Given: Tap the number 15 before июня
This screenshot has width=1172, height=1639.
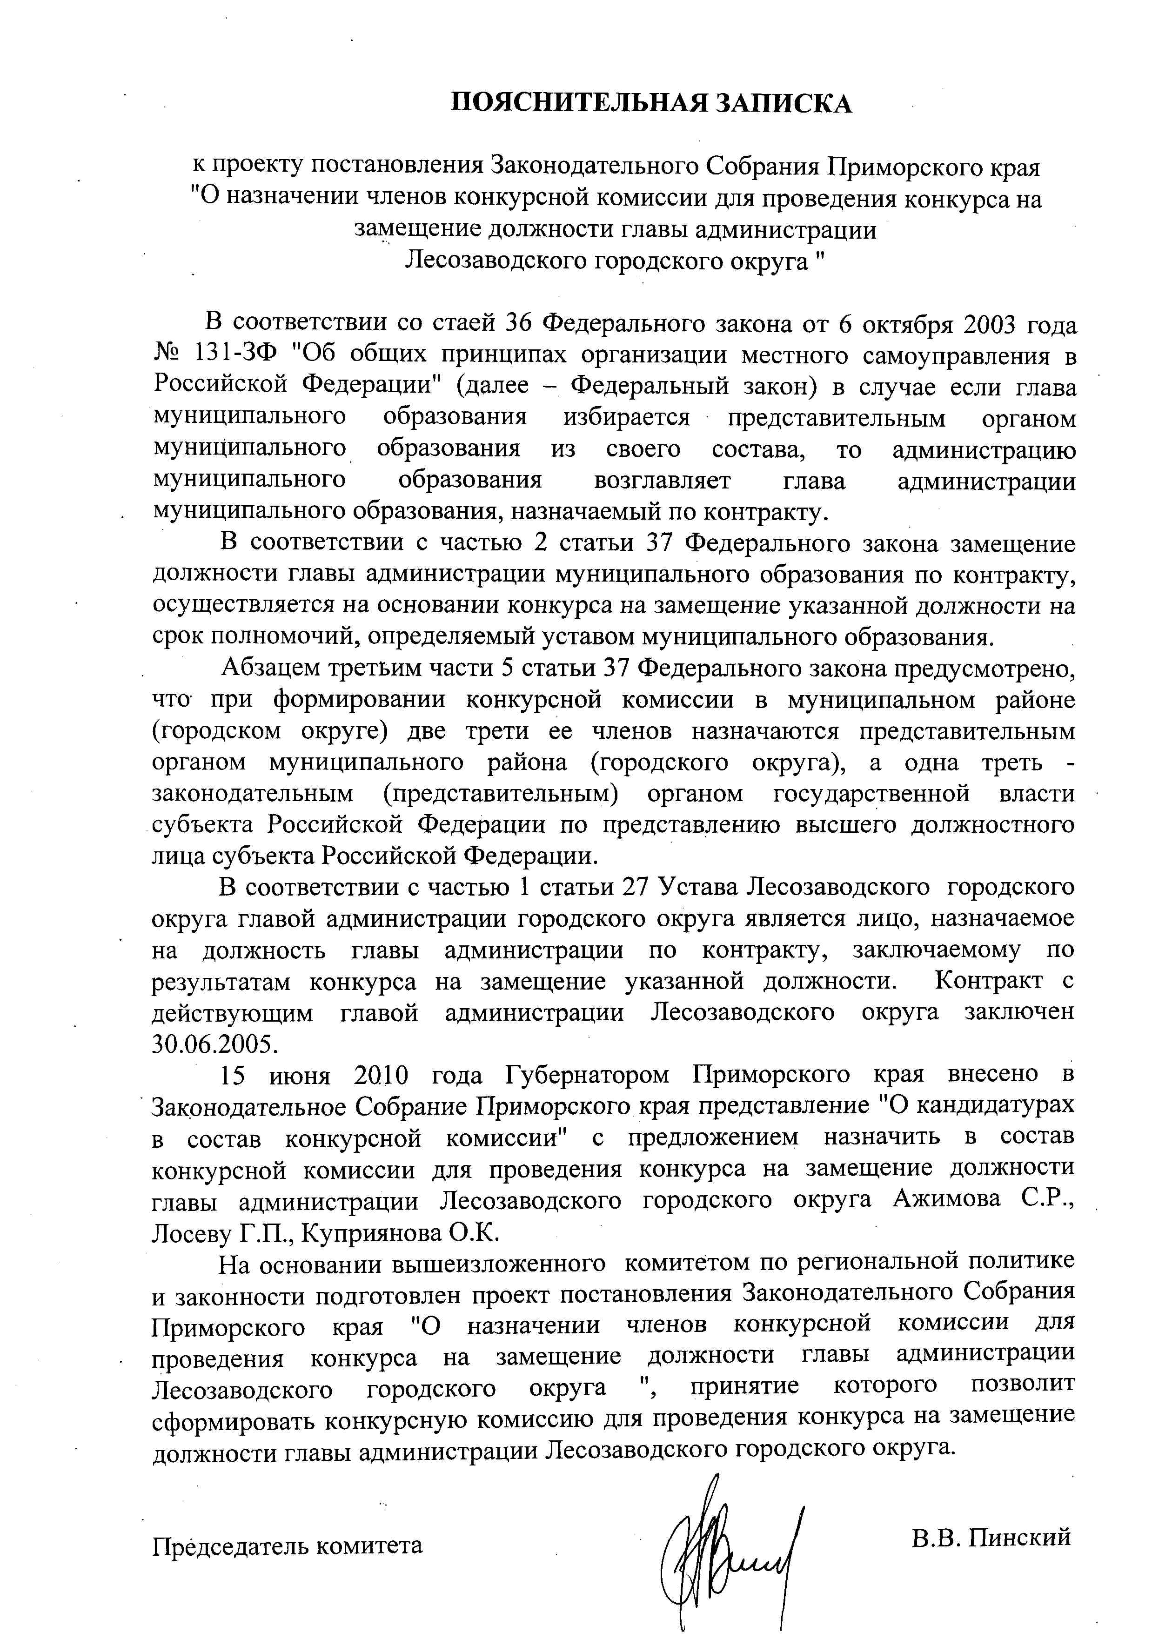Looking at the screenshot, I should pyautogui.click(x=232, y=1075).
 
